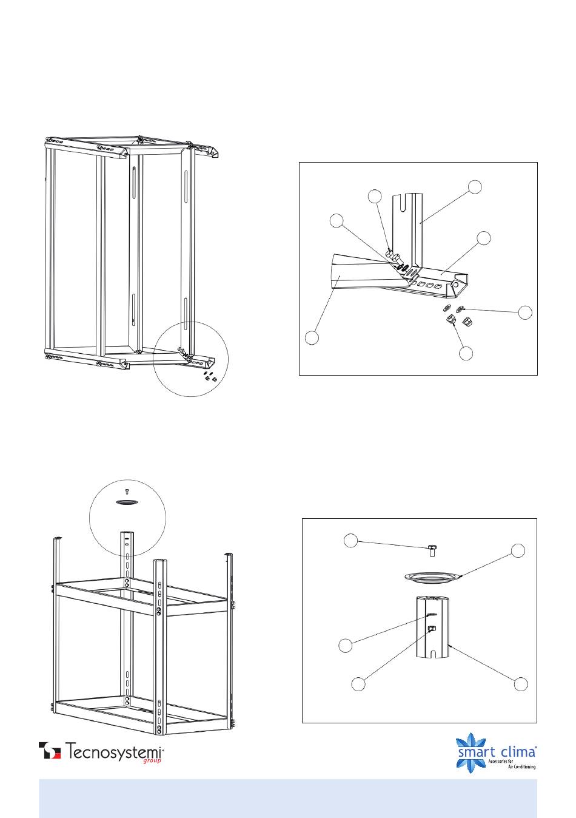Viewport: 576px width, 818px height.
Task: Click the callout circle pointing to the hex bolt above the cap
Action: click(350, 541)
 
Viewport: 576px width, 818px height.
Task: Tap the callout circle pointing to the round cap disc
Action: click(518, 550)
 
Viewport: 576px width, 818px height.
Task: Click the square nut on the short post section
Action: click(432, 629)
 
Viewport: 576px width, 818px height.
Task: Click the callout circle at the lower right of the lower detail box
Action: click(521, 684)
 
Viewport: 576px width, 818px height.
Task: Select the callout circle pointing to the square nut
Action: click(358, 684)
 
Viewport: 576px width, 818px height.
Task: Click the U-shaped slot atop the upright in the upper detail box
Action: click(403, 204)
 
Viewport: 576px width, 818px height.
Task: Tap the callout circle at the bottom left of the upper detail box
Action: click(312, 337)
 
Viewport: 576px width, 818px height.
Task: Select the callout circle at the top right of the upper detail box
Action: click(475, 187)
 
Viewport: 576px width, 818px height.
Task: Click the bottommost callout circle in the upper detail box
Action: click(466, 353)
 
